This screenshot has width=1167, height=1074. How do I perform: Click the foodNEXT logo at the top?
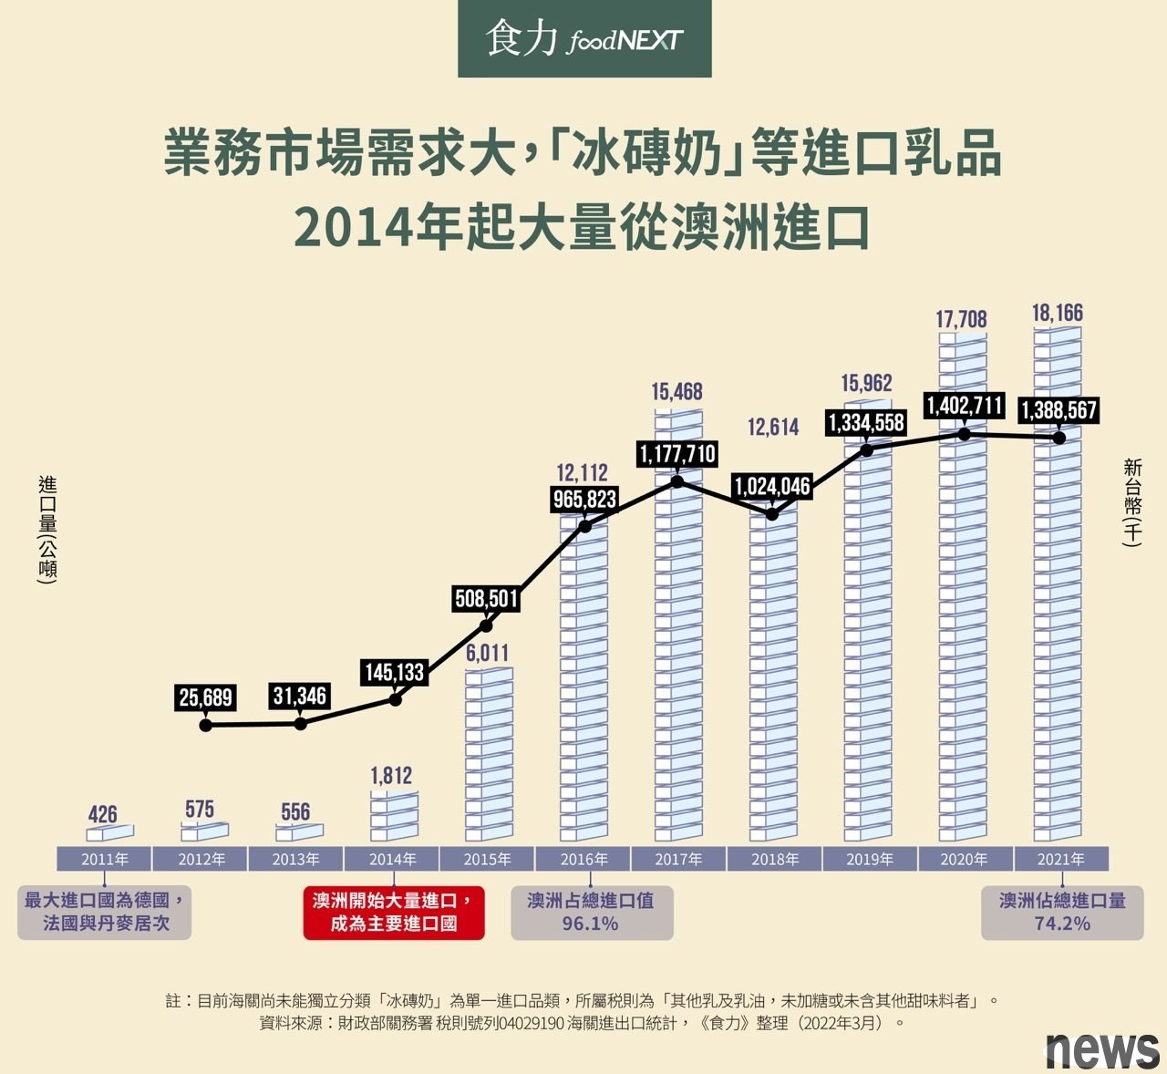tap(584, 39)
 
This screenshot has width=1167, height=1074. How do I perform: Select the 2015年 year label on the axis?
tap(487, 859)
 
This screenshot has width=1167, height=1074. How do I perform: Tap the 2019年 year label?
tap(870, 859)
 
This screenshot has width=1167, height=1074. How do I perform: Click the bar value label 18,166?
tap(1058, 314)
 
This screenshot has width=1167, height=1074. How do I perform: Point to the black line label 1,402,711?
tap(964, 405)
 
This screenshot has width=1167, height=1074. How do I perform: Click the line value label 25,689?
tap(206, 698)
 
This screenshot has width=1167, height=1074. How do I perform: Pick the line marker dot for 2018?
tap(772, 514)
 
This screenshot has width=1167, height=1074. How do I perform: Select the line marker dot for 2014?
tap(395, 699)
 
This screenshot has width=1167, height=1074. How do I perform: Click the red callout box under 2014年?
tap(393, 912)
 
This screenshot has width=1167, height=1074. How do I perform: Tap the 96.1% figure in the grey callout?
tap(590, 924)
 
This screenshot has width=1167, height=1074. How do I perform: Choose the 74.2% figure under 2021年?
tap(1062, 924)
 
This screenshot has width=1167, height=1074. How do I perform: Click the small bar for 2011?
tap(109, 832)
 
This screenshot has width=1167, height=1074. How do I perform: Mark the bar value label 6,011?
tap(487, 653)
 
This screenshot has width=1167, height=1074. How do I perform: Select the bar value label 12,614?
tap(773, 427)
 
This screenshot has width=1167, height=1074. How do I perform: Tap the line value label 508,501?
tap(487, 599)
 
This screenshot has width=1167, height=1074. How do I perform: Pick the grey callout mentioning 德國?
tap(105, 912)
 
